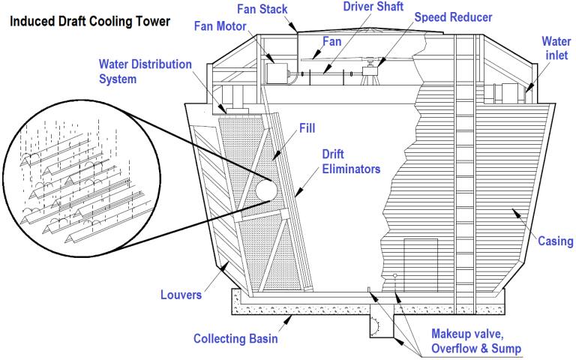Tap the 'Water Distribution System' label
(145, 71)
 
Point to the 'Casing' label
(556, 241)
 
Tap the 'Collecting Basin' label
(235, 339)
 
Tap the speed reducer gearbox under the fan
(369, 72)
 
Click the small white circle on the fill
(266, 190)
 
